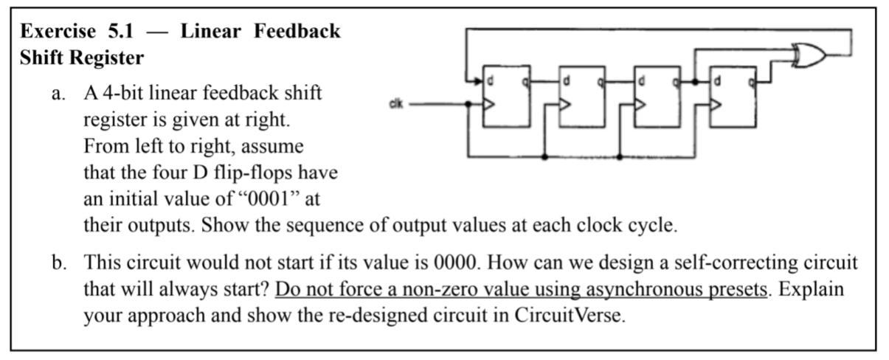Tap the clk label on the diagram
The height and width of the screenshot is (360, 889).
pyautogui.click(x=395, y=105)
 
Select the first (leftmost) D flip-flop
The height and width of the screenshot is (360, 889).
pyautogui.click(x=505, y=96)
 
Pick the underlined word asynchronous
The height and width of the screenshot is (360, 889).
pyautogui.click(x=632, y=289)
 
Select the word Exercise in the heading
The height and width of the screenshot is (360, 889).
pyautogui.click(x=58, y=31)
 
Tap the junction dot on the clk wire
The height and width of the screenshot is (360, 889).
pyautogui.click(x=468, y=105)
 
